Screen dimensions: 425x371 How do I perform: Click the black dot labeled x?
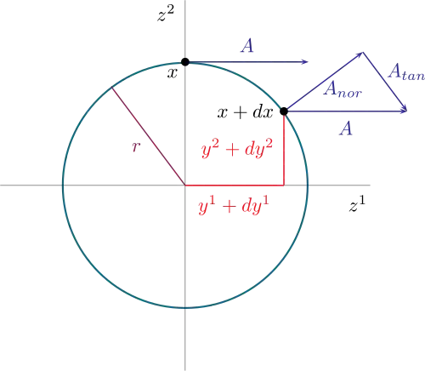pos(185,62)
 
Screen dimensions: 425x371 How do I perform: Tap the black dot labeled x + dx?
pos(284,111)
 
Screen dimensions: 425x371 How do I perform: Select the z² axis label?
pos(166,14)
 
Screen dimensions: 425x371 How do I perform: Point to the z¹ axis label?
pos(357,204)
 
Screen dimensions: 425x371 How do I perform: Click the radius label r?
pos(136,146)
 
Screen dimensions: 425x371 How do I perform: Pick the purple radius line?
pos(149,136)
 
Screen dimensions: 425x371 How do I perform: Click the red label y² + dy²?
pos(237,149)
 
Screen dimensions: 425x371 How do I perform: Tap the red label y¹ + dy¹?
pos(234,205)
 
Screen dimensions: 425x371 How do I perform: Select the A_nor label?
pos(343,90)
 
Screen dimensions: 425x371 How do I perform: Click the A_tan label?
pos(406,72)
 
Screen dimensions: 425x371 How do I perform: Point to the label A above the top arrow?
pos(247,46)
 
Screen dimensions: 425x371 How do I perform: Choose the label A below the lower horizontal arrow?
pos(346,128)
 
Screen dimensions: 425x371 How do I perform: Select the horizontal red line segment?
pos(235,185)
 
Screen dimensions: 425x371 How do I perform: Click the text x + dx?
pos(245,112)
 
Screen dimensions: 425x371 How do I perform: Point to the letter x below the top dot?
pos(173,73)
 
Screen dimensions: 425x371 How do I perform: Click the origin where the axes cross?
pos(185,185)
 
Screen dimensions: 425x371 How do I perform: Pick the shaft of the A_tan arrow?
pos(385,82)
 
